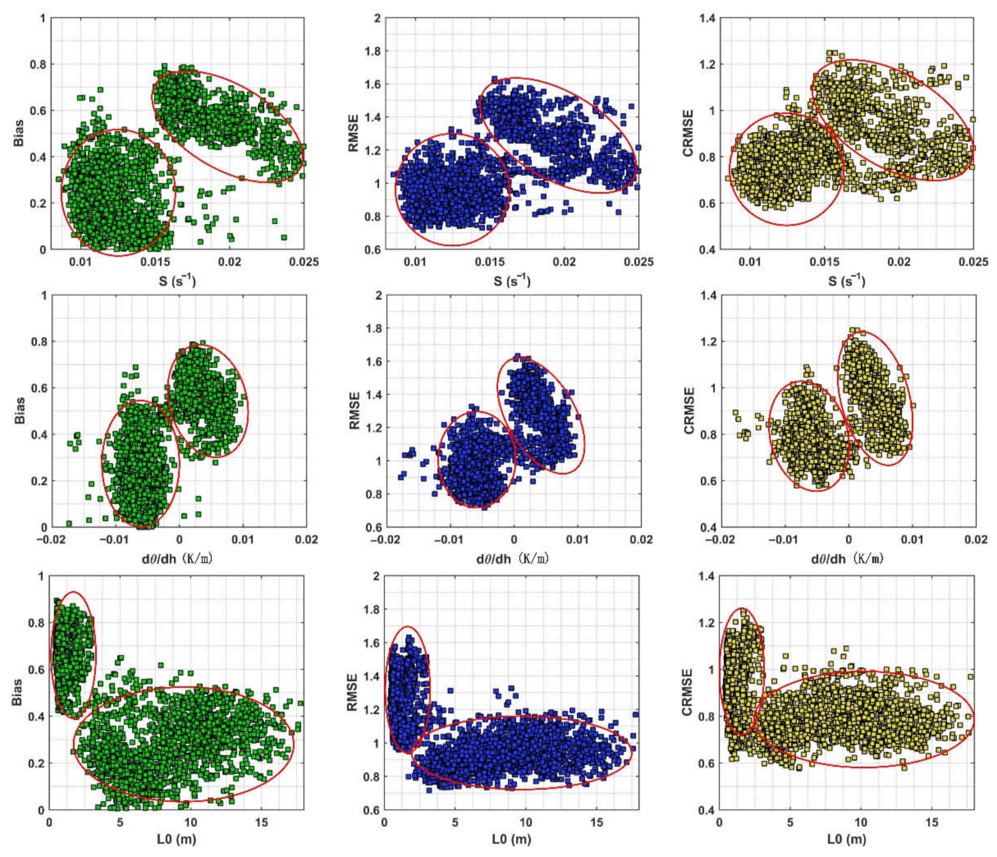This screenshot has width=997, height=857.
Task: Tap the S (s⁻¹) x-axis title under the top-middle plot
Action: (x=513, y=281)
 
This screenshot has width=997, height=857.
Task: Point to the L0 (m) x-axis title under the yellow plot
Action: (x=847, y=839)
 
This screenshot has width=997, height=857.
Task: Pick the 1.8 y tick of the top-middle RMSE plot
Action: (x=373, y=51)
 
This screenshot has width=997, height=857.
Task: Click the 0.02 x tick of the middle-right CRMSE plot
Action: (x=974, y=540)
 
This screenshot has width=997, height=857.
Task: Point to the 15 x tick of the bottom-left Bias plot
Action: (x=261, y=823)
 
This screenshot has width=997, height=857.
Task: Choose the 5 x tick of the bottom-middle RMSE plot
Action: (x=455, y=823)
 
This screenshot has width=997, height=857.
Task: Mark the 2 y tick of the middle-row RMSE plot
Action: (x=378, y=296)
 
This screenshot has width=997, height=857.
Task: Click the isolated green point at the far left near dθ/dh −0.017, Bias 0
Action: (x=69, y=523)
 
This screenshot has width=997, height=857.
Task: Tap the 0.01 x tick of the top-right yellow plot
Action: (x=750, y=262)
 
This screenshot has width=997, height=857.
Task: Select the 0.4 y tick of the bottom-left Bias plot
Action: (x=36, y=717)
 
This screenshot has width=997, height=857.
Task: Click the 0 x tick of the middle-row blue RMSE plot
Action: (x=514, y=540)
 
